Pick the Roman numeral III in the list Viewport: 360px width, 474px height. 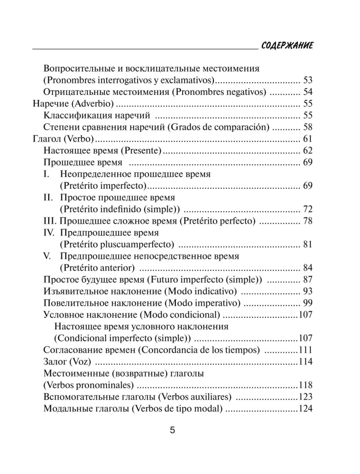pos(50,220)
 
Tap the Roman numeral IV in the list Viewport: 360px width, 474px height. pos(50,233)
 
